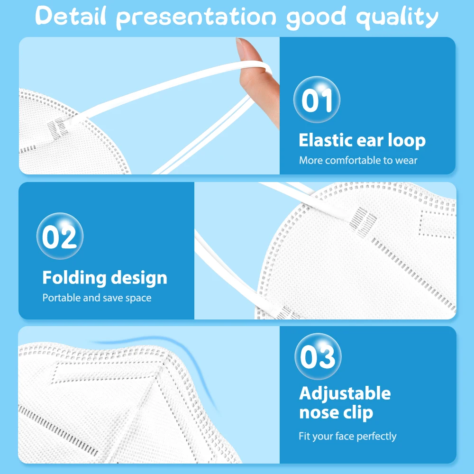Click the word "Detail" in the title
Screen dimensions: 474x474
71,15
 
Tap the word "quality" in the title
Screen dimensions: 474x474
397,18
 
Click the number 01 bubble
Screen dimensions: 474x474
317,100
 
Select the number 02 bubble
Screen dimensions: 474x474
60,236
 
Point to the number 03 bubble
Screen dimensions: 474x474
318,356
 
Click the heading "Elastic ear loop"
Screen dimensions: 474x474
362,140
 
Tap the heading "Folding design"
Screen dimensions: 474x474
105,278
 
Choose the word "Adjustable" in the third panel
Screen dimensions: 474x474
345,393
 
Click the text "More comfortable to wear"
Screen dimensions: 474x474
358,160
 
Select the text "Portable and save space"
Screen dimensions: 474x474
97,298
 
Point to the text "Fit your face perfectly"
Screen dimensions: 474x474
347,436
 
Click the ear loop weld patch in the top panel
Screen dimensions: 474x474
57,128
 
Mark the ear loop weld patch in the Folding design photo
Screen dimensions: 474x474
363,221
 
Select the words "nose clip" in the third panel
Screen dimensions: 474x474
336,413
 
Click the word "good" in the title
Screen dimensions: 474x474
316,18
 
